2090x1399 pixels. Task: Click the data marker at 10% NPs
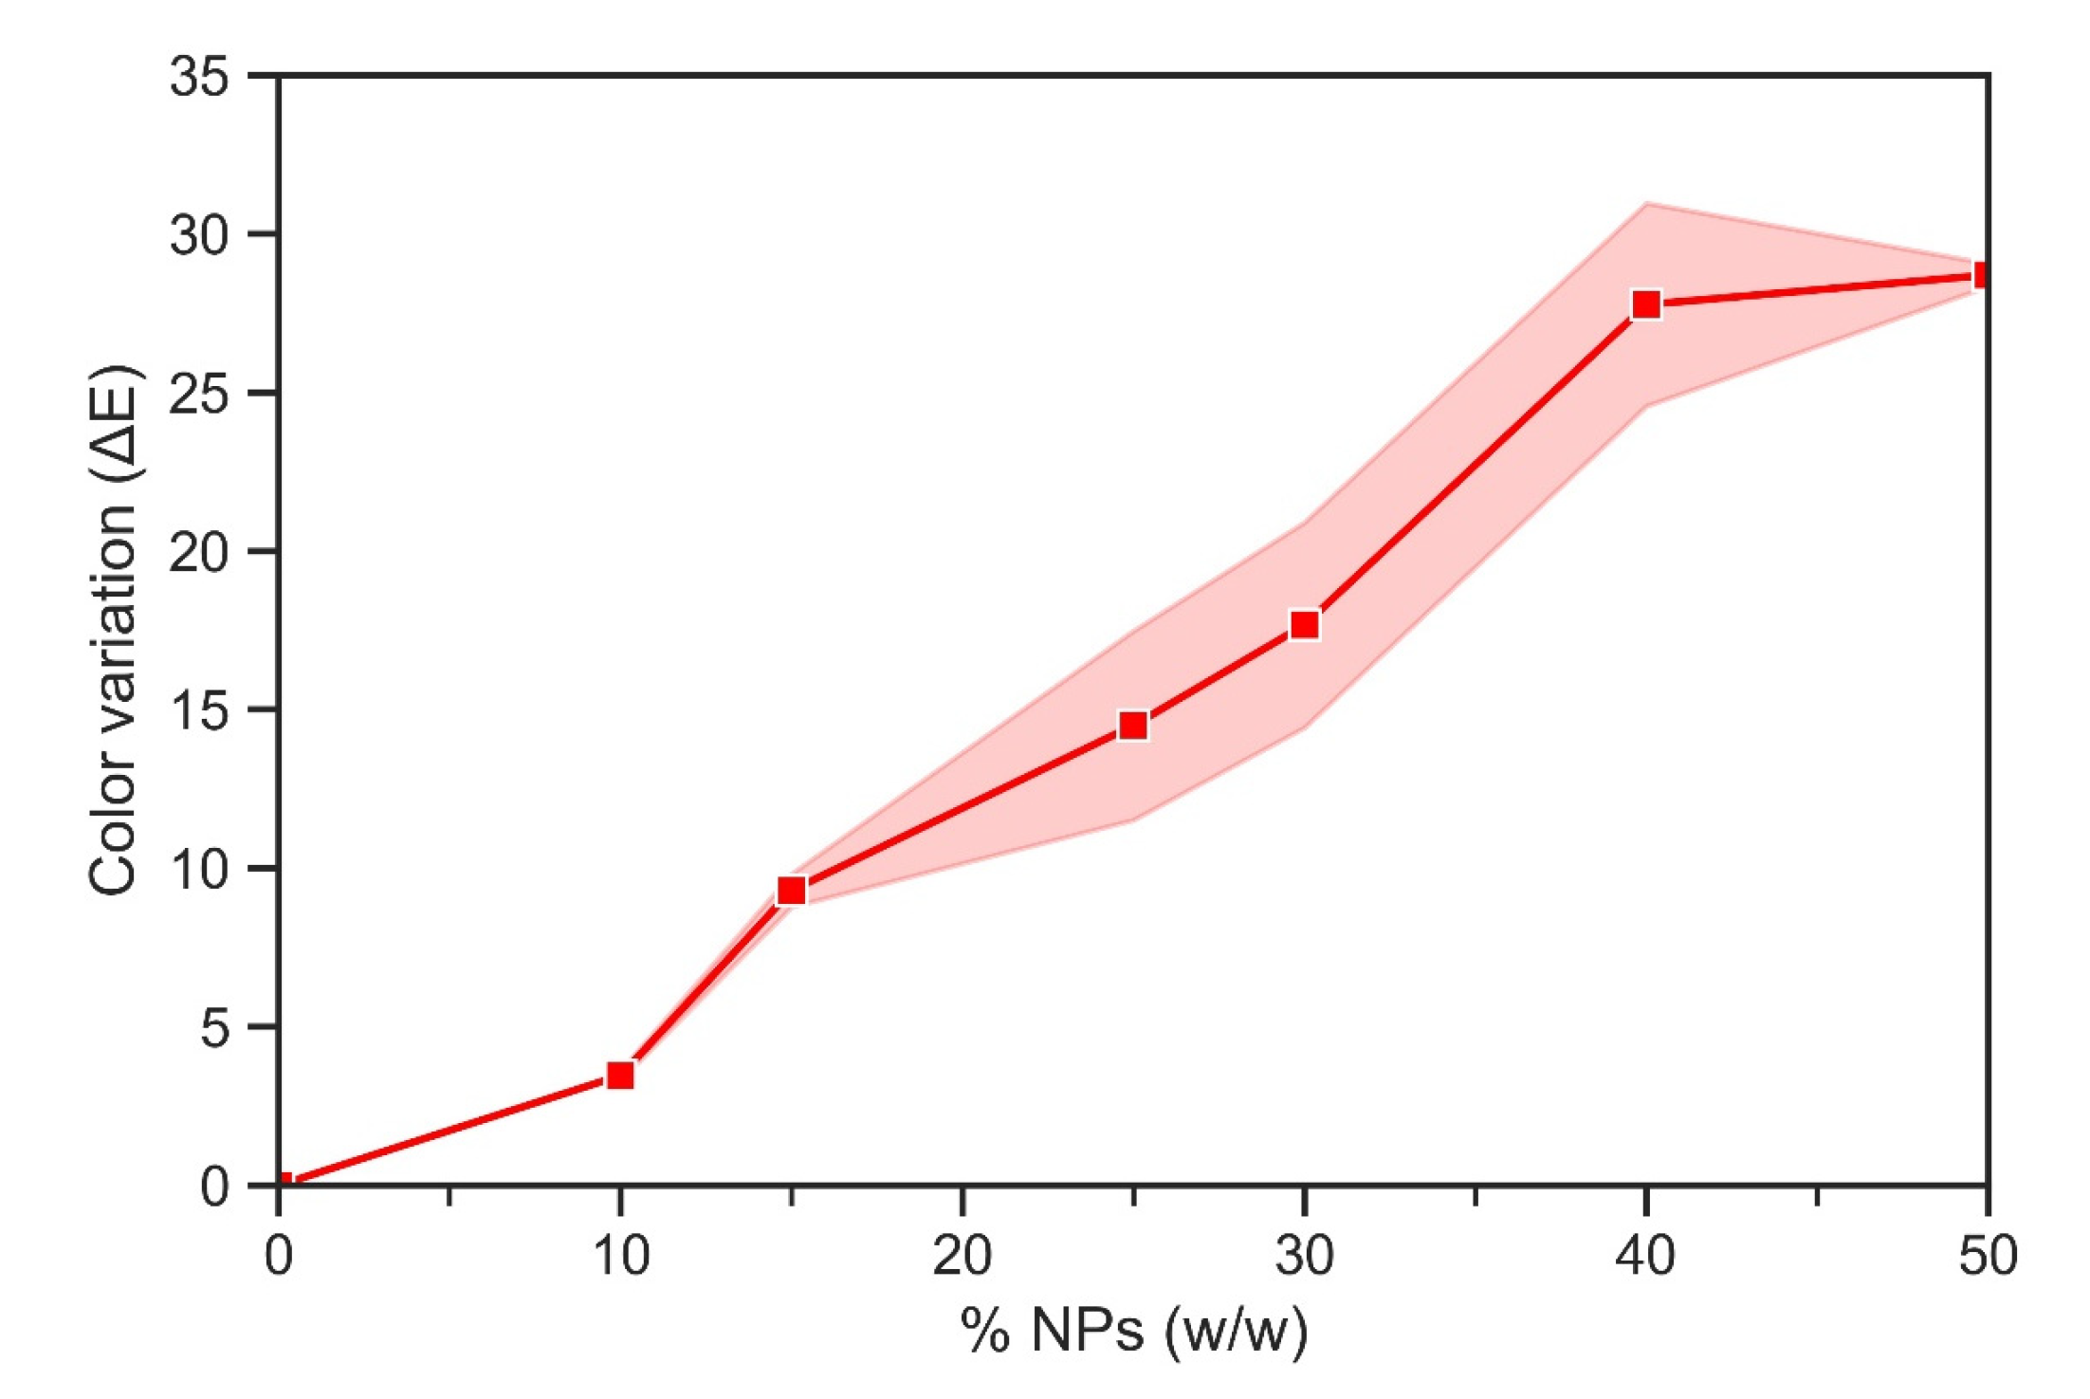click(x=620, y=1076)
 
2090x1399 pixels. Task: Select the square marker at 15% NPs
click(x=791, y=891)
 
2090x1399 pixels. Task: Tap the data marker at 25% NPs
click(x=1133, y=726)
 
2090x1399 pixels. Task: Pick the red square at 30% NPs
click(x=1304, y=625)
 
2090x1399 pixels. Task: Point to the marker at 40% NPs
click(x=1646, y=304)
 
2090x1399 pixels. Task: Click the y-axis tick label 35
click(x=199, y=76)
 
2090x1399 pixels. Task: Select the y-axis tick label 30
click(x=199, y=234)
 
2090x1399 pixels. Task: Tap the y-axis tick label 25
click(x=199, y=393)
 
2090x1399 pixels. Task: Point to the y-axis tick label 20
click(x=199, y=551)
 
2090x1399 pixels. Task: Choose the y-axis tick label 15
click(x=199, y=709)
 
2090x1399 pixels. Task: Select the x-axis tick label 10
click(x=620, y=1256)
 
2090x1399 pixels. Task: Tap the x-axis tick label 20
click(x=962, y=1256)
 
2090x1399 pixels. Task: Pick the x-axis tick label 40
click(x=1645, y=1256)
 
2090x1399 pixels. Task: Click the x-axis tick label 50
click(x=1988, y=1256)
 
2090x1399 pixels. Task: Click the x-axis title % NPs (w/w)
click(x=1133, y=1330)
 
